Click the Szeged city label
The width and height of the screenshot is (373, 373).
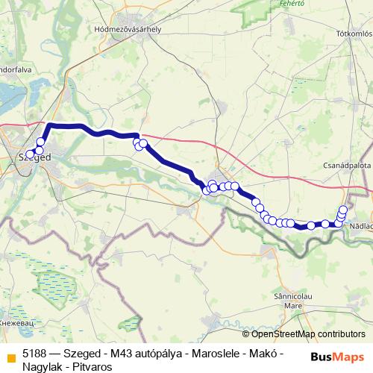pyautogui.click(x=34, y=158)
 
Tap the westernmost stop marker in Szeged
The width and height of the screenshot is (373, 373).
pyautogui.click(x=30, y=155)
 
